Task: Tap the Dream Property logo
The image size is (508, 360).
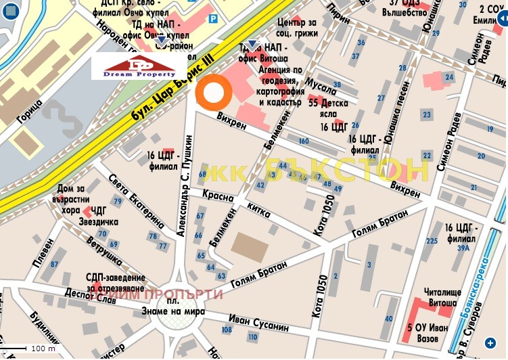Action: coord(139,66)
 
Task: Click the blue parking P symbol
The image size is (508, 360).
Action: coord(214,20)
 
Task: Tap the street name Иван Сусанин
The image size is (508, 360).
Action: coord(259,321)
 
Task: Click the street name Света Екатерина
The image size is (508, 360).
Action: coord(136,200)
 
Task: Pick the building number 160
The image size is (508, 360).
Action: coord(303,141)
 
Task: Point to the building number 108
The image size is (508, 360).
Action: coord(226,330)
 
